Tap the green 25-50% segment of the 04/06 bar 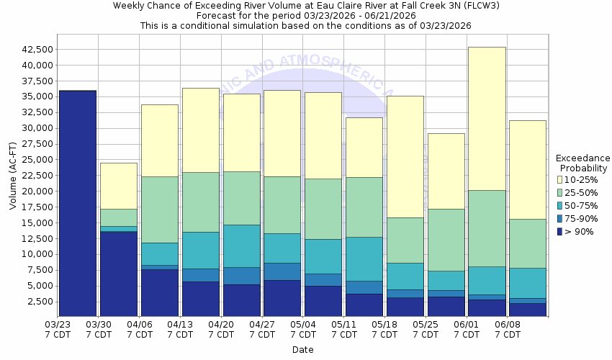(160, 210)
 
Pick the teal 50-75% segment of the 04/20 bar (242, 246)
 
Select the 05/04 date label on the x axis (303, 329)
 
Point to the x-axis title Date (302, 349)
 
